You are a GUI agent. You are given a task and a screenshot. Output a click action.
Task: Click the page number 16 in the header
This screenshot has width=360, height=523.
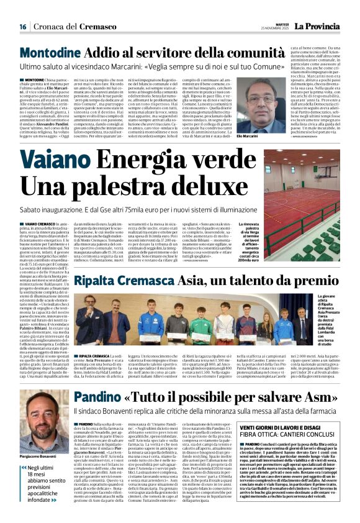pos(22,26)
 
